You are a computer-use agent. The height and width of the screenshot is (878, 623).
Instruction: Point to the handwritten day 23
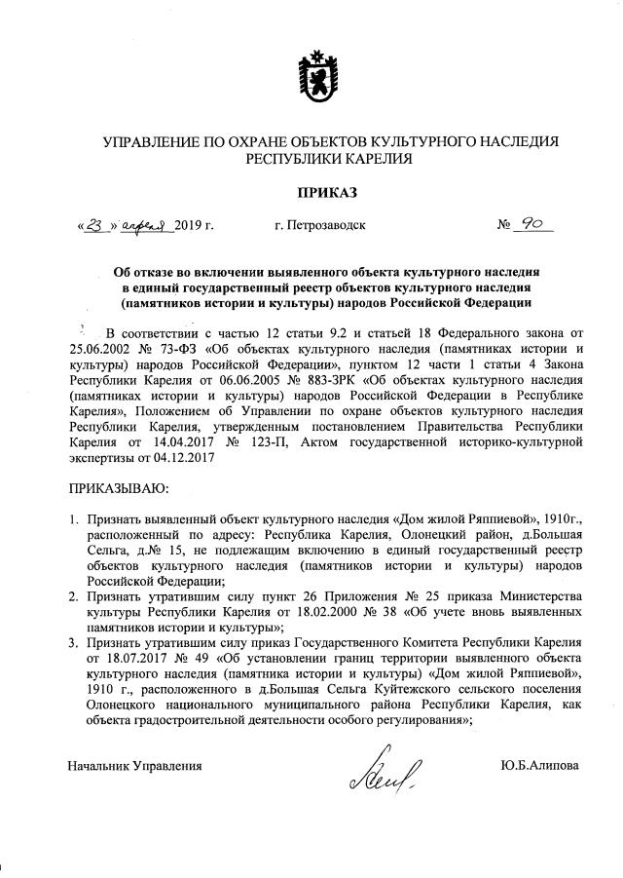[x=94, y=225]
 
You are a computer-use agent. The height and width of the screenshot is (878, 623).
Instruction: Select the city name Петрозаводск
[x=320, y=226]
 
